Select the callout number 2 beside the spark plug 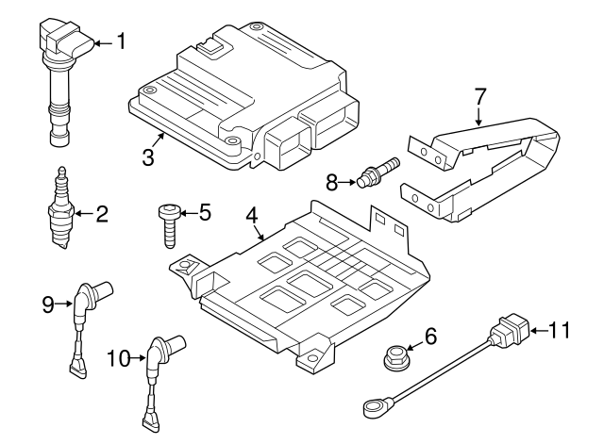pyautogui.click(x=101, y=214)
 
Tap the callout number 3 pyautogui.click(x=147, y=156)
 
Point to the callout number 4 pyautogui.click(x=252, y=216)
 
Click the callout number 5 pyautogui.click(x=203, y=213)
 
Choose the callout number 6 pyautogui.click(x=432, y=336)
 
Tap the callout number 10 pyautogui.click(x=119, y=357)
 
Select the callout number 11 pyautogui.click(x=560, y=330)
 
